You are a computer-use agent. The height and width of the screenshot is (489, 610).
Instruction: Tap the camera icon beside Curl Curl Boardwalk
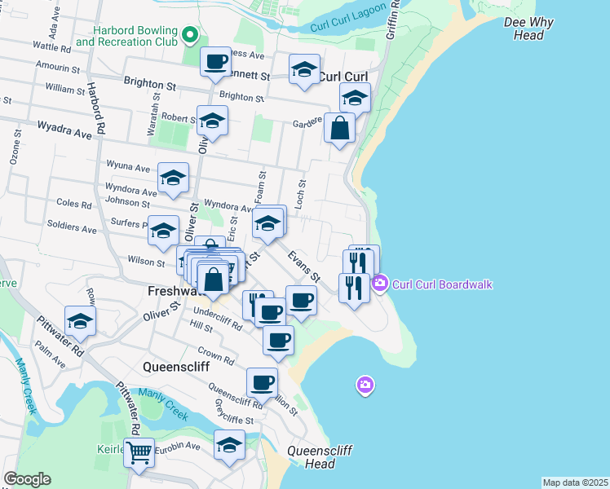379,284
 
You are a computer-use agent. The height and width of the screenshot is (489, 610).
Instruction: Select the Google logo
27,479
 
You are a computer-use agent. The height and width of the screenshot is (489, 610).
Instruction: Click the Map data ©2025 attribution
576,482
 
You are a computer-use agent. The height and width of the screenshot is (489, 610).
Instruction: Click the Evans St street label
303,267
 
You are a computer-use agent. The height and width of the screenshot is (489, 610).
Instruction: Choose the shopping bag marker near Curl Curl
339,128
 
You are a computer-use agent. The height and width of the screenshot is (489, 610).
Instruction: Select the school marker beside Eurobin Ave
229,445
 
